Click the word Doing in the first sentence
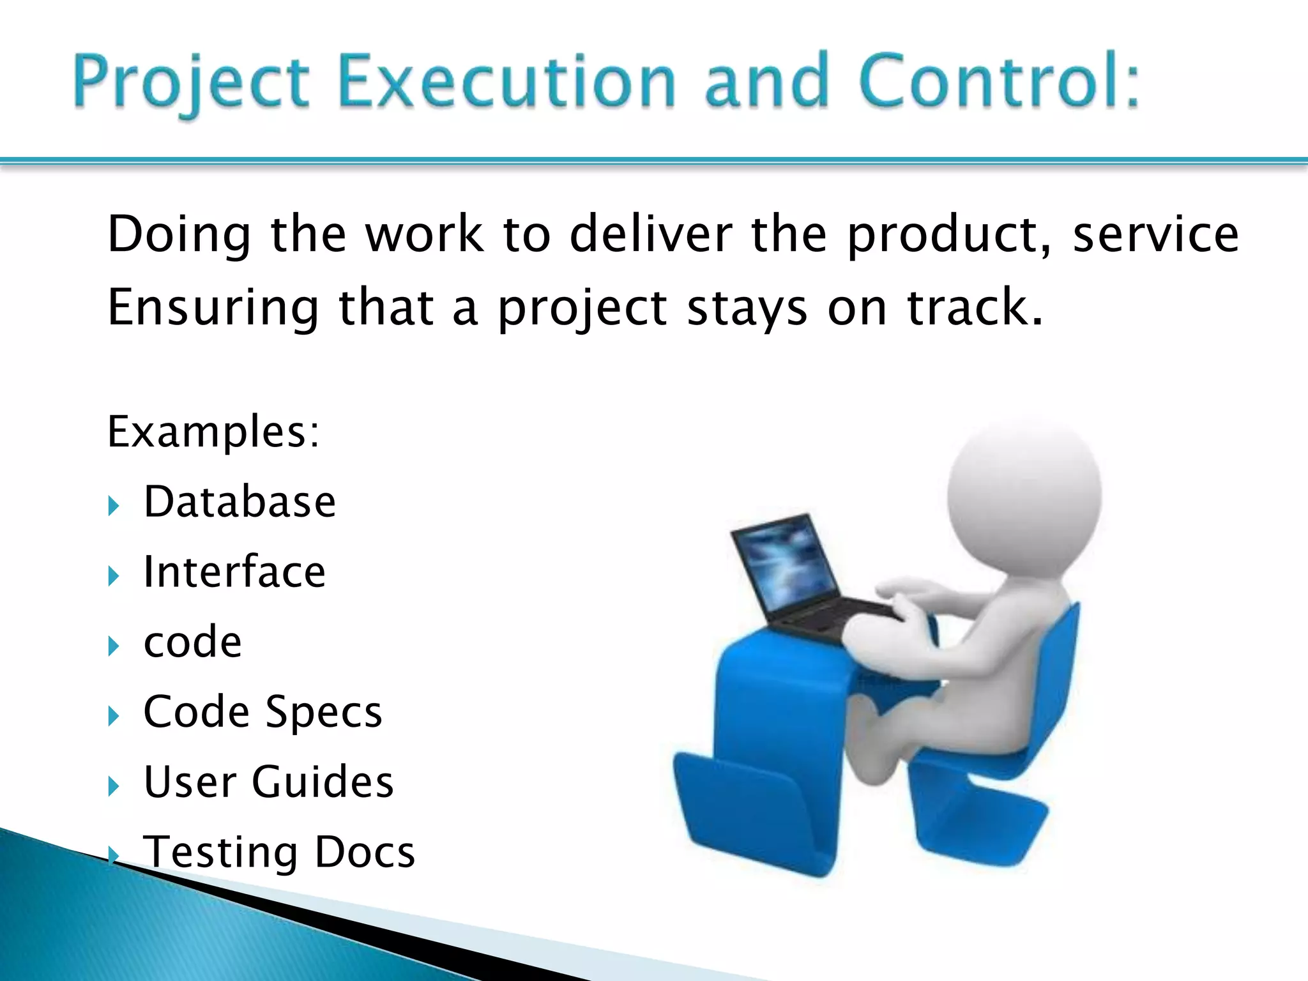pos(179,235)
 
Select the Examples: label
pos(213,432)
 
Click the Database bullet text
pos(240,502)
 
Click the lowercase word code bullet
pos(193,642)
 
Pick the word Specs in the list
pos(324,712)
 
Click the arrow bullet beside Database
pos(114,507)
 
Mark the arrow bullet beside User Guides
pos(114,787)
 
